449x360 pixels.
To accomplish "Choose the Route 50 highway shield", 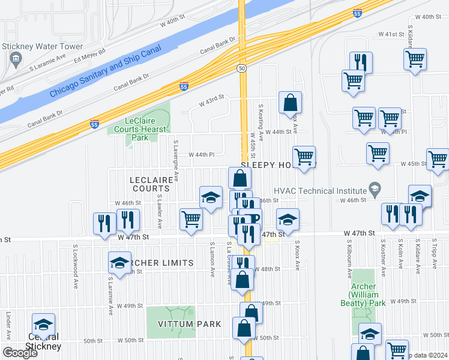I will (242, 69).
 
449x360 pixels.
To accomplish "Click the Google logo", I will (20, 353).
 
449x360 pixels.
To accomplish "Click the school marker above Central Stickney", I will (43, 325).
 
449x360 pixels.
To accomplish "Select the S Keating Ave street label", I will (261, 123).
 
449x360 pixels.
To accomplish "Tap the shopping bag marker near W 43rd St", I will (290, 103).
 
